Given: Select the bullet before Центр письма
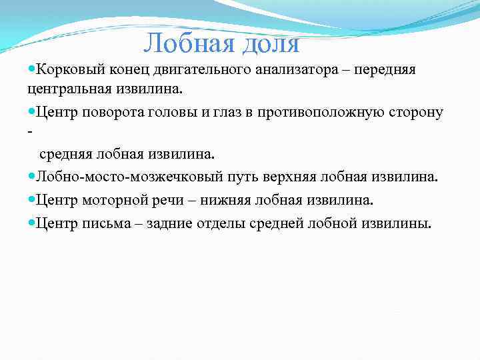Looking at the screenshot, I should coord(32,223).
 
